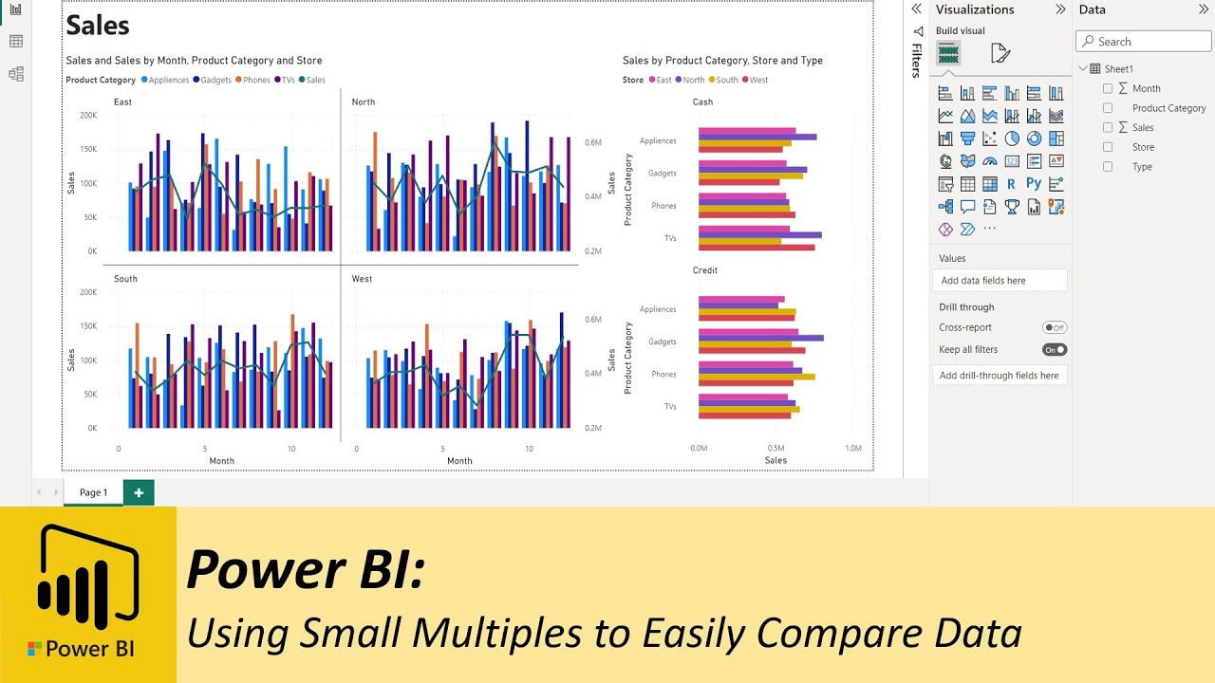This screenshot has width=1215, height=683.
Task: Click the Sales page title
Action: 98,26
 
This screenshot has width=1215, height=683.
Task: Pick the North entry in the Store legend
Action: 693,80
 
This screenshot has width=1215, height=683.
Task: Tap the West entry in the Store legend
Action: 758,80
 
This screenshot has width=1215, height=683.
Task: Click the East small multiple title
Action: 122,102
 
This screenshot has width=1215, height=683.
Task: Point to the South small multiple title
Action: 125,279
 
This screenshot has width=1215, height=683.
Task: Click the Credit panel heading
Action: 704,270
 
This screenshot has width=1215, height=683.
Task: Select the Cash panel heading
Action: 702,102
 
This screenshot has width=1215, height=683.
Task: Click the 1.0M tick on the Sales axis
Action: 852,448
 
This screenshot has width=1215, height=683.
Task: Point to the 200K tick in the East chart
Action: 88,115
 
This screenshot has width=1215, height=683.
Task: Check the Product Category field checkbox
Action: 1107,108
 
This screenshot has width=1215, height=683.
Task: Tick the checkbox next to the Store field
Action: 1107,147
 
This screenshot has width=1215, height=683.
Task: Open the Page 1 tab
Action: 93,492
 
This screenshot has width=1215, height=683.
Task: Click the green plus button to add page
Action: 139,492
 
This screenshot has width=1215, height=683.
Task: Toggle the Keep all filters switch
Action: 1055,349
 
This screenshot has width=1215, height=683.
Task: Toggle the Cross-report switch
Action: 1055,327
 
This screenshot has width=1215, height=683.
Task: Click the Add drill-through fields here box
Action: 999,376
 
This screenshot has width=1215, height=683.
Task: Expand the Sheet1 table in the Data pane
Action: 1084,68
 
